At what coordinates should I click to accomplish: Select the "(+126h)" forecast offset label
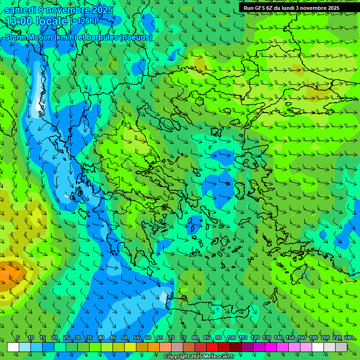click(x=84, y=21)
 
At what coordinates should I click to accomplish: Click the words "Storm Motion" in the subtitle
click(x=28, y=37)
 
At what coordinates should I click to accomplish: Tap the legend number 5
click(x=18, y=338)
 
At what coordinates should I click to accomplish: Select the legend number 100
click(x=232, y=338)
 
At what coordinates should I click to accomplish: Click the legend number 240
click(x=349, y=338)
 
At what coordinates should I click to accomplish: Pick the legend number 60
click(x=148, y=338)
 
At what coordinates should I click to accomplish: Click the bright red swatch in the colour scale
click(x=212, y=347)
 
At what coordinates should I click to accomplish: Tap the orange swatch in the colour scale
click(x=154, y=347)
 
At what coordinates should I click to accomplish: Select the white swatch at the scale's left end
click(x=13, y=347)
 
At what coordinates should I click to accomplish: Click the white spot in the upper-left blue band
click(x=37, y=104)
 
